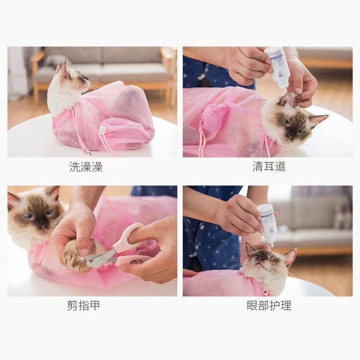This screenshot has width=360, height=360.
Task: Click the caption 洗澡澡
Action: click(86, 167)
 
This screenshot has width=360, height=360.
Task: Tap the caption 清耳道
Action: click(269, 167)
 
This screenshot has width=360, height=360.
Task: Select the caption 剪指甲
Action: click(83, 306)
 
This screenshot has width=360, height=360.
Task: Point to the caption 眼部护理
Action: click(269, 306)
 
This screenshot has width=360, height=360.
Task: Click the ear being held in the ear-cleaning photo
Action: click(289, 98)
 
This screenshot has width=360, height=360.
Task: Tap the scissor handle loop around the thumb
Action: click(125, 238)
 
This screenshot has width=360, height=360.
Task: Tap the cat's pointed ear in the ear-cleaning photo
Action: click(319, 119)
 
